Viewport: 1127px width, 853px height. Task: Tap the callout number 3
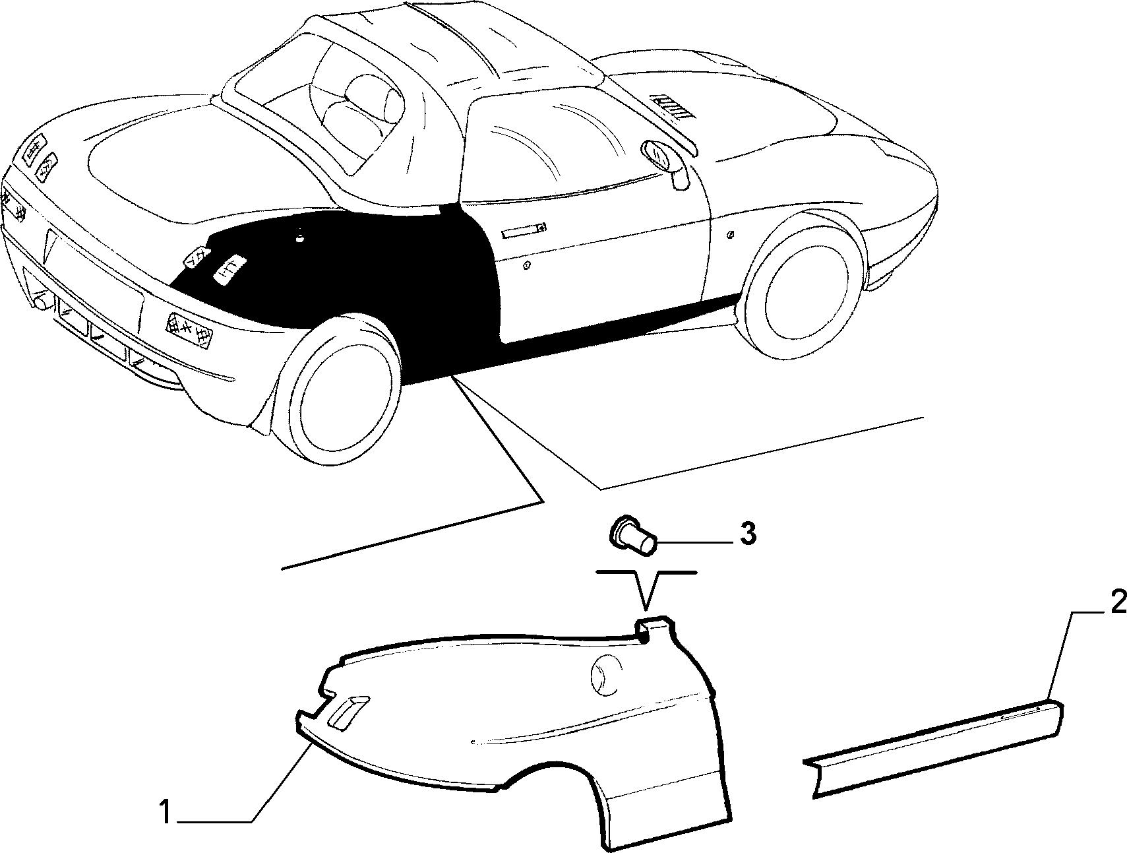tap(747, 534)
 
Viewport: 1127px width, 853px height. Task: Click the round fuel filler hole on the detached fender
tap(606, 674)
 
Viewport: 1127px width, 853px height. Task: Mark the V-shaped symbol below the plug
tap(647, 587)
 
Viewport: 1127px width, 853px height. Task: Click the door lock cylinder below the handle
tap(527, 266)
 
